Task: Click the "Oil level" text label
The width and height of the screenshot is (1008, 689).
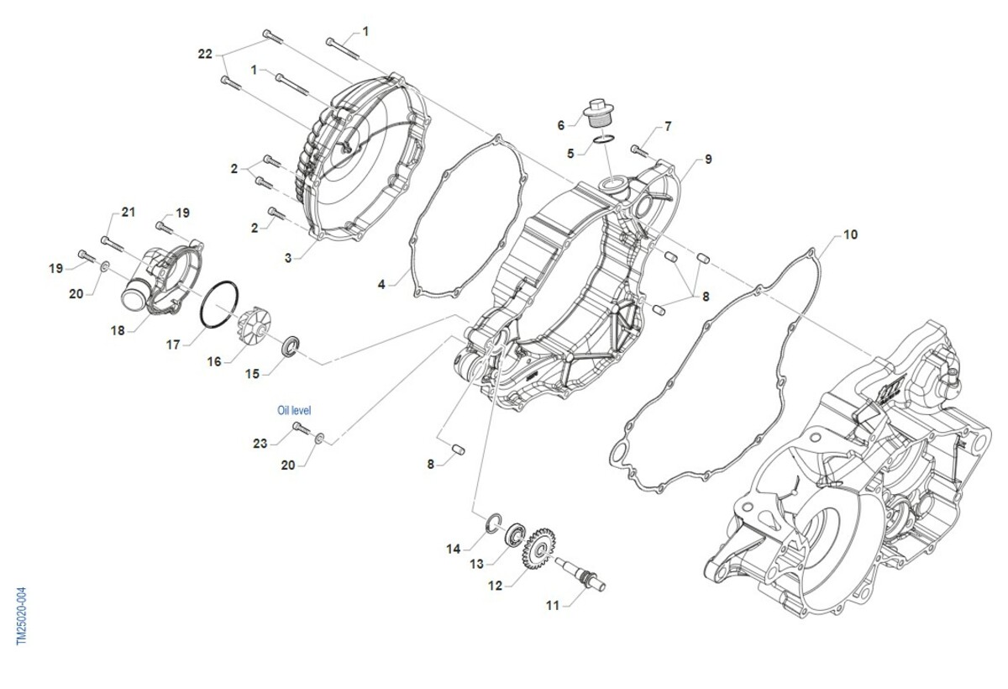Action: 294,411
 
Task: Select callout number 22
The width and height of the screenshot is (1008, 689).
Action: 205,53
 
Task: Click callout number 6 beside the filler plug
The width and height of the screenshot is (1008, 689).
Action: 561,125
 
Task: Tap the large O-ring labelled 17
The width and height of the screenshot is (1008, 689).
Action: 223,305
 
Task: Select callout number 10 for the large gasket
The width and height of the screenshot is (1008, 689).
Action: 851,234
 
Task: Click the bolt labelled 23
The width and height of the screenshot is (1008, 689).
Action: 301,430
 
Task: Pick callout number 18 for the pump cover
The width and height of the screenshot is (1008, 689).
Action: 118,330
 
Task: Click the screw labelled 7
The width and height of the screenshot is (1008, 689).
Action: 639,152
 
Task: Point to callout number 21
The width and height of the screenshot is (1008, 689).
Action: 128,212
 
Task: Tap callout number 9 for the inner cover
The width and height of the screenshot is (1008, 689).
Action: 708,159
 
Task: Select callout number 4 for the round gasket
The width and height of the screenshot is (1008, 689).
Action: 381,285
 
